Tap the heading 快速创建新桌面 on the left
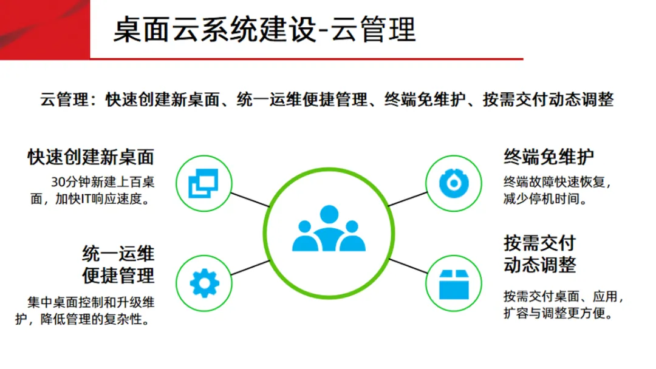pos(91,157)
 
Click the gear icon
pos(203,283)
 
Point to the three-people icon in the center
pos(329,229)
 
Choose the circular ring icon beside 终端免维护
pos(453,181)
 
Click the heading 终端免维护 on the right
pos(548,157)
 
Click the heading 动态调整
pos(539,265)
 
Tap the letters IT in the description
pos(83,198)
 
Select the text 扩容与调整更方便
pos(557,314)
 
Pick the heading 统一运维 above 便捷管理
pos(118,253)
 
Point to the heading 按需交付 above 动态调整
pos(539,243)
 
